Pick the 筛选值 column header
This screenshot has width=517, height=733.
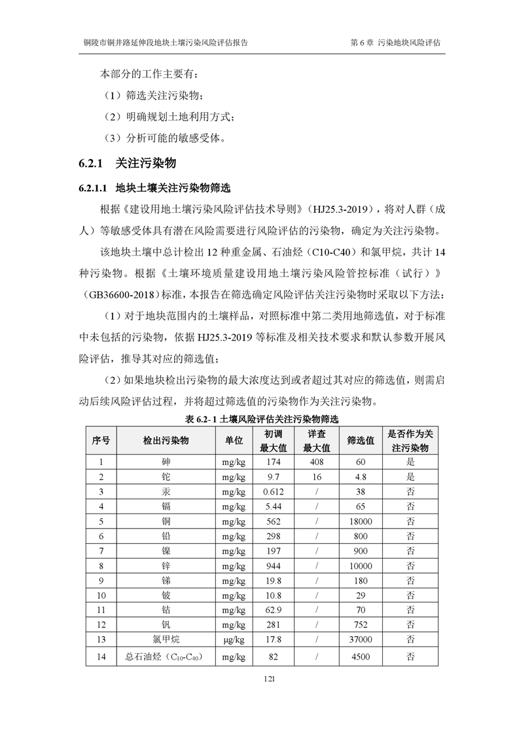361,441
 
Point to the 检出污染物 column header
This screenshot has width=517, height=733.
166,441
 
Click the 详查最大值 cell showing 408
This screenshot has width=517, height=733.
317,461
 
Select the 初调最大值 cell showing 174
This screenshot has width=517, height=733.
274,461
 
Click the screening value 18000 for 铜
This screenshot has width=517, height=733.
361,521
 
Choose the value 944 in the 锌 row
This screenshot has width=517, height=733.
274,566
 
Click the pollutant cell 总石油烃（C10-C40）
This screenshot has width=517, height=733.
166,656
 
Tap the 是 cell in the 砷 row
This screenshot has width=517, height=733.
410,461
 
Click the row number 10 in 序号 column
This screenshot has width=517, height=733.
101,595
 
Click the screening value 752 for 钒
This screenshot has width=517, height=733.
361,625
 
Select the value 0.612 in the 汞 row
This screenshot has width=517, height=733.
274,491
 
